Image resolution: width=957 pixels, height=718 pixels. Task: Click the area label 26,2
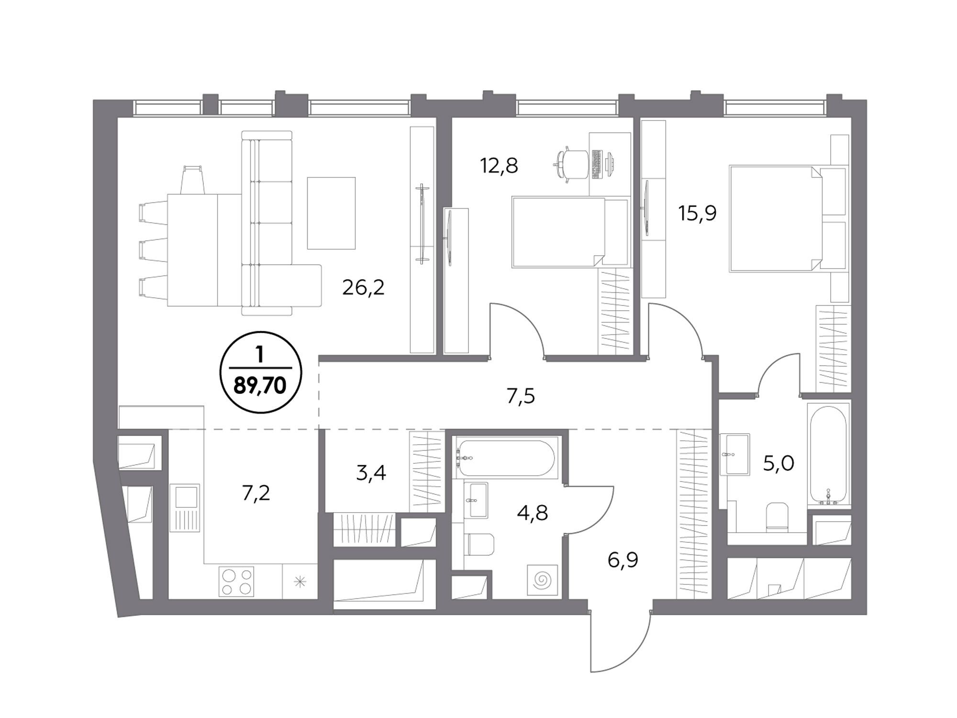point(363,288)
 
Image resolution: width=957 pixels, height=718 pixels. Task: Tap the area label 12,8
point(499,166)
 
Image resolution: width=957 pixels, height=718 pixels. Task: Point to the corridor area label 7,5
point(521,396)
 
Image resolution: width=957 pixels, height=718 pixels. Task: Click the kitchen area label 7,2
point(256,493)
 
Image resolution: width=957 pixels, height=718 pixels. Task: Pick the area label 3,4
point(371,473)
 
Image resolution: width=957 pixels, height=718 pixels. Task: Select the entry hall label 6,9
point(623,560)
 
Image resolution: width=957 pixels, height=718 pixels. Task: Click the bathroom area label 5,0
point(779,463)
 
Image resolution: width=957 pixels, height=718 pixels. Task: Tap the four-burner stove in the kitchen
point(236,582)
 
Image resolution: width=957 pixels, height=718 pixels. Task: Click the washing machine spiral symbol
point(542,580)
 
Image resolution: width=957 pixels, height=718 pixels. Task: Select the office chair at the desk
point(570,165)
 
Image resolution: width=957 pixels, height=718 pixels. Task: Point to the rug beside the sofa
point(331,213)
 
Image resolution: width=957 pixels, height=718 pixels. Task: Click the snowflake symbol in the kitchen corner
point(300,582)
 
